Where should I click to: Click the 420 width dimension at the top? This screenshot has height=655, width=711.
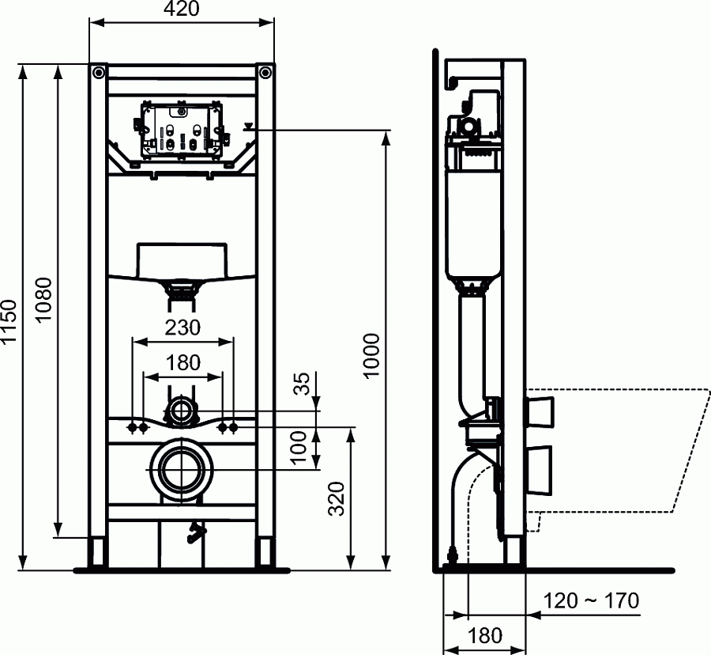coord(182,9)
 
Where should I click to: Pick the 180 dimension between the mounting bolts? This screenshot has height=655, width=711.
coord(182,362)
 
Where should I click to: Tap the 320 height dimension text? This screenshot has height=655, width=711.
coord(337,499)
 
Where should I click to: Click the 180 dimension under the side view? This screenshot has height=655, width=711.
coord(485,635)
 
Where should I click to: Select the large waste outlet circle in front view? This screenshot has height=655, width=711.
coord(182,469)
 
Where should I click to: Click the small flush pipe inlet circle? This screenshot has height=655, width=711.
coord(182,411)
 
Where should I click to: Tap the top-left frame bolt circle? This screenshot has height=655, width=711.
coord(97,73)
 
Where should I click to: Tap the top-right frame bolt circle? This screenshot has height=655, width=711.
coord(265,73)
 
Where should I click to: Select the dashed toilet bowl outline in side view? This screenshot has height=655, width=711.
coord(616,451)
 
